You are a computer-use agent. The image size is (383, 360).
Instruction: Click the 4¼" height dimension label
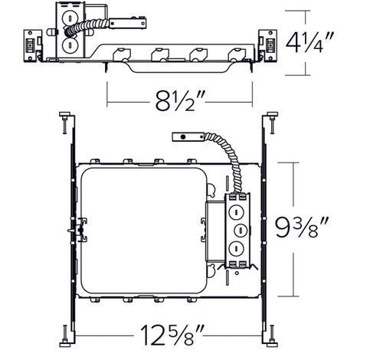click(309, 43)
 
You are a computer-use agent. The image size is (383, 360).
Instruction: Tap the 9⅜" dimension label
click(302, 227)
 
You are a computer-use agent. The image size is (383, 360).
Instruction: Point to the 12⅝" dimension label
click(172, 335)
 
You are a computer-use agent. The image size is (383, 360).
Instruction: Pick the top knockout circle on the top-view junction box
click(236, 212)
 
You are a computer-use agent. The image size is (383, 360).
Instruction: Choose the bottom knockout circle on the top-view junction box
click(236, 248)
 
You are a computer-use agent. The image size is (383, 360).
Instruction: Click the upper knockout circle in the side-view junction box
click(70, 18)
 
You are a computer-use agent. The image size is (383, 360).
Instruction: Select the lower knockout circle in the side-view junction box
click(70, 46)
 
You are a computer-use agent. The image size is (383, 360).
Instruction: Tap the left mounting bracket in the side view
click(33, 46)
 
